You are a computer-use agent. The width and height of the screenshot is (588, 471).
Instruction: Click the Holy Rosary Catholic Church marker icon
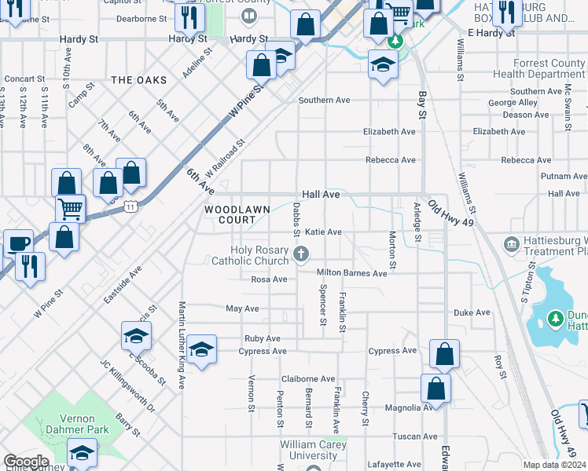click(x=300, y=253)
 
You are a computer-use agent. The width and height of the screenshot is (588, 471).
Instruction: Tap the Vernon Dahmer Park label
click(x=71, y=425)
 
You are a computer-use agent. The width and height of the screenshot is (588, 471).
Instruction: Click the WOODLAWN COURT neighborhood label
click(x=237, y=215)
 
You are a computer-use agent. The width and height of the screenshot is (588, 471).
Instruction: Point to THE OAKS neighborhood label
click(x=139, y=80)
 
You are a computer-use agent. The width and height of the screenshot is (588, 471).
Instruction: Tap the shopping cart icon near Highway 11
click(x=70, y=209)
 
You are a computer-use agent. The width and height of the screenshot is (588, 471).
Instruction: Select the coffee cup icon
click(x=17, y=243)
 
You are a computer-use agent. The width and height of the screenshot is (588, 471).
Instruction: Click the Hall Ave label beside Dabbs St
click(x=322, y=194)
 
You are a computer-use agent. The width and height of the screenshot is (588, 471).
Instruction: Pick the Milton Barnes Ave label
click(x=351, y=273)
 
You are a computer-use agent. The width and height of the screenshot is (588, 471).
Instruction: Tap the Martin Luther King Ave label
click(x=182, y=345)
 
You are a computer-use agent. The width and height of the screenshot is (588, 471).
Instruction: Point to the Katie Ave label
click(x=323, y=232)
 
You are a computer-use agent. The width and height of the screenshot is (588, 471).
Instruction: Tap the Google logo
click(x=26, y=462)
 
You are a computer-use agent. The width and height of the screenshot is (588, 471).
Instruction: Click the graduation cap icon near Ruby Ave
click(x=201, y=349)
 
